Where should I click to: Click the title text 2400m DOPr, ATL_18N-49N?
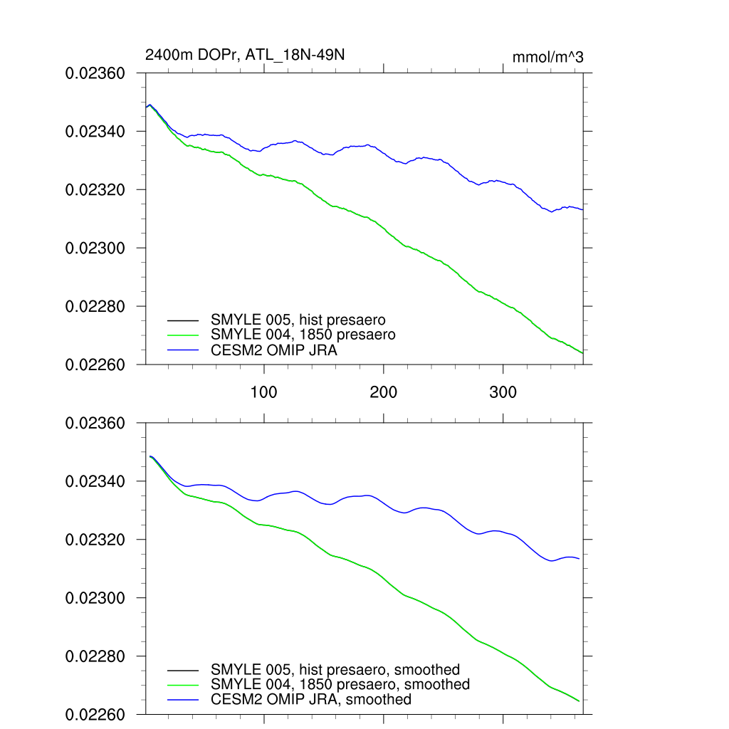tap(245, 55)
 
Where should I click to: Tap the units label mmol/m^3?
tap(547, 57)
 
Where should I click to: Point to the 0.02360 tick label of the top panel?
tap(95, 73)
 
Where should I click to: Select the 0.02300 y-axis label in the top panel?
tap(95, 248)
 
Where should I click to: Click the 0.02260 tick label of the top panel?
tap(95, 365)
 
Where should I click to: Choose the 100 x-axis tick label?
tap(264, 392)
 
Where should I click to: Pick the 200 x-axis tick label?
tap(384, 392)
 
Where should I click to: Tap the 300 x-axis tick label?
tap(503, 392)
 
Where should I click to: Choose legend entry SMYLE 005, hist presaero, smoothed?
tap(335, 670)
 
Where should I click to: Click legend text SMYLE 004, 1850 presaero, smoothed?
tap(340, 685)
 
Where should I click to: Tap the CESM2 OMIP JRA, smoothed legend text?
tap(311, 700)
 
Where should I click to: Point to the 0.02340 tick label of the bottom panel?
tap(95, 482)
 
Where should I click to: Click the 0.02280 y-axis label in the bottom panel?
tap(95, 657)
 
